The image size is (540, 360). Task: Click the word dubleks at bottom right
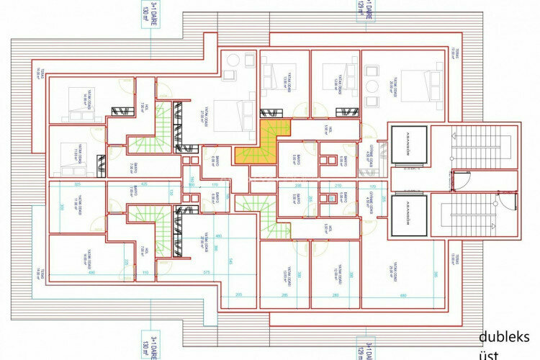(x=505, y=337)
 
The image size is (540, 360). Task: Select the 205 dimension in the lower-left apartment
(x=239, y=294)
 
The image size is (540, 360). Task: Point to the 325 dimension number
(x=77, y=184)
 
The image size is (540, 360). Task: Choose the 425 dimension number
(x=144, y=184)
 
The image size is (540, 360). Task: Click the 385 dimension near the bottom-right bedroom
(x=436, y=274)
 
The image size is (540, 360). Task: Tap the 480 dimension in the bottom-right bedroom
(x=403, y=294)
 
